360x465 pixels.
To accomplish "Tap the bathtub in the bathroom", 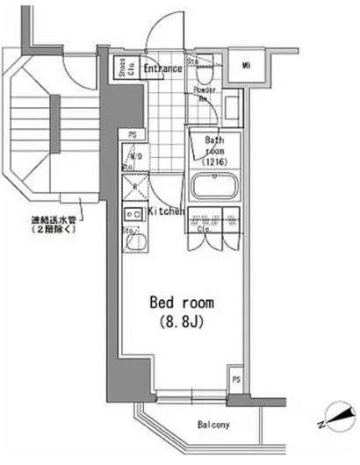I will (x=214, y=186).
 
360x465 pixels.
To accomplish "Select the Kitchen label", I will (x=165, y=211).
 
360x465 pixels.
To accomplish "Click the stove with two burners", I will (x=134, y=215).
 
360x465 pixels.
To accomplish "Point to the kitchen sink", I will (x=134, y=242).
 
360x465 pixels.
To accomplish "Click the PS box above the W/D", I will (x=132, y=133).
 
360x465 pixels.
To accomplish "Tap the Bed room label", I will (x=182, y=303).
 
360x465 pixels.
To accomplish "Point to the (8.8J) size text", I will (x=182, y=323).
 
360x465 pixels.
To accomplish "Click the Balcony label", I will (x=212, y=426).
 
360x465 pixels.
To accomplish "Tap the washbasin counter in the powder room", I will (x=232, y=108).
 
